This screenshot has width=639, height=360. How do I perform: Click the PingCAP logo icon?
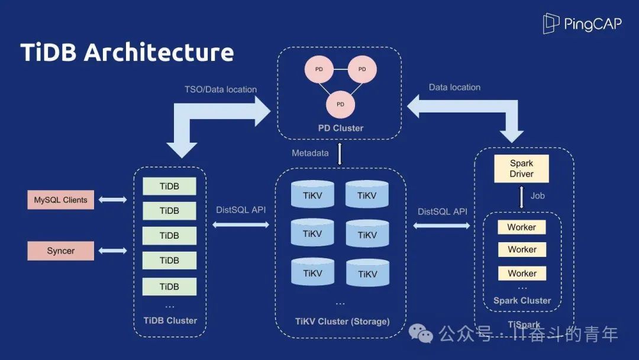[x=551, y=24]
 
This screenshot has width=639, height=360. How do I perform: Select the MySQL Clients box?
[x=60, y=200]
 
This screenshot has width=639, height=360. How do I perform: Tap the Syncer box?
[x=60, y=251]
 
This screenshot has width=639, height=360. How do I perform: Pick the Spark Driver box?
[x=521, y=169]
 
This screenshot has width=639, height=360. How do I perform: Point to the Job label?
[x=538, y=195]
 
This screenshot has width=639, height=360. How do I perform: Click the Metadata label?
[x=310, y=153]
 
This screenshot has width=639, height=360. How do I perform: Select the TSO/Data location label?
[x=221, y=89]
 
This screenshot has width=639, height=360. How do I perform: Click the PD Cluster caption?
[x=340, y=128]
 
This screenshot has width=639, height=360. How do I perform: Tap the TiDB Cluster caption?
[x=170, y=320]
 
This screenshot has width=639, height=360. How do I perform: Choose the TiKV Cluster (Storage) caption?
[x=342, y=322]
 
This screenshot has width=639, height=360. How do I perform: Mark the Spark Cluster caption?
[x=522, y=301]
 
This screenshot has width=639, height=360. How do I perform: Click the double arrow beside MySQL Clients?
[x=112, y=200]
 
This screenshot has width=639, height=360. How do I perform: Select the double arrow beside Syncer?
[x=112, y=251]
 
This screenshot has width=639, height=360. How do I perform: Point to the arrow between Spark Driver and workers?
[x=521, y=197]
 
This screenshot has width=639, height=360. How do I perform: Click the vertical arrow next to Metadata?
[x=340, y=154]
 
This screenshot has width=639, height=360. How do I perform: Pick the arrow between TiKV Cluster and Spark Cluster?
[x=441, y=226]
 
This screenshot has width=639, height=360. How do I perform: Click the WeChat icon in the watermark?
[x=425, y=335]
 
